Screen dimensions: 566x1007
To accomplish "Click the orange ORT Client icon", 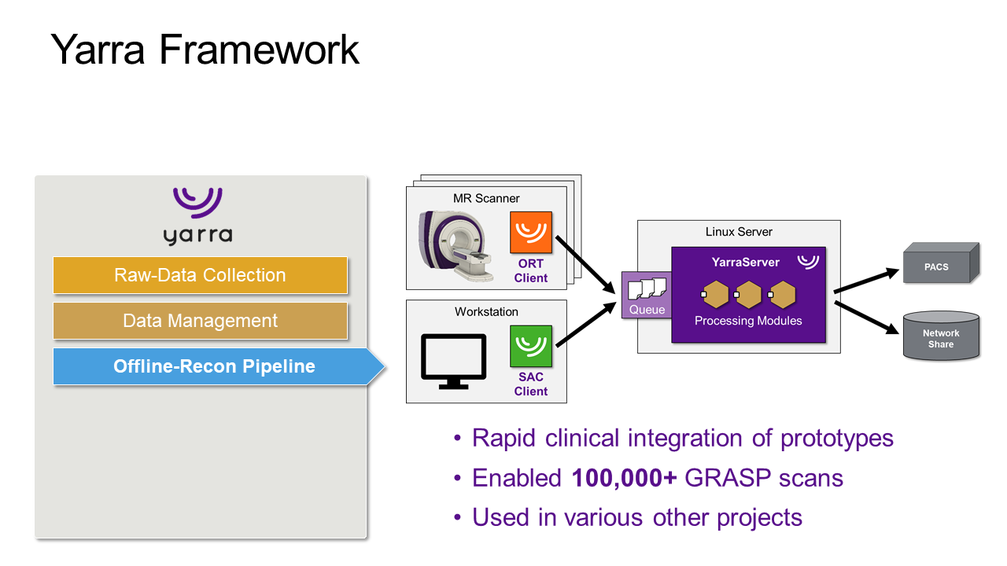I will [531, 233].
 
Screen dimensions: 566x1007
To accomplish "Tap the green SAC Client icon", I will [531, 347].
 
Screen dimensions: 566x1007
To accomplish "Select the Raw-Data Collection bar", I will [200, 275].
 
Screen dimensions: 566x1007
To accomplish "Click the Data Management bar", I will [200, 321].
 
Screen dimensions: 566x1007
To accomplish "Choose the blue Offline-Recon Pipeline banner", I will [214, 366].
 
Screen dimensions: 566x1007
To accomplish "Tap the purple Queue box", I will [646, 296].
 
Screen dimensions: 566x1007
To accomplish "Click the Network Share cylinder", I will [941, 336].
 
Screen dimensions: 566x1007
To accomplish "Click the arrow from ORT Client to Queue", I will [586, 264].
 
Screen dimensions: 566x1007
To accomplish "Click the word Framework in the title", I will [259, 50].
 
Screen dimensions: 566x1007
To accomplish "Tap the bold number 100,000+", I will [625, 478].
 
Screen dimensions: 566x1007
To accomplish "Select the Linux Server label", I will [739, 232].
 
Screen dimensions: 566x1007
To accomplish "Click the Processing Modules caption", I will [748, 321].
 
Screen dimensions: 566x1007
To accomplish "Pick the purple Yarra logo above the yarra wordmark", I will [197, 202].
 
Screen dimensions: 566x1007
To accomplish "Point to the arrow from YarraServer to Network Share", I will [865, 318].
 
